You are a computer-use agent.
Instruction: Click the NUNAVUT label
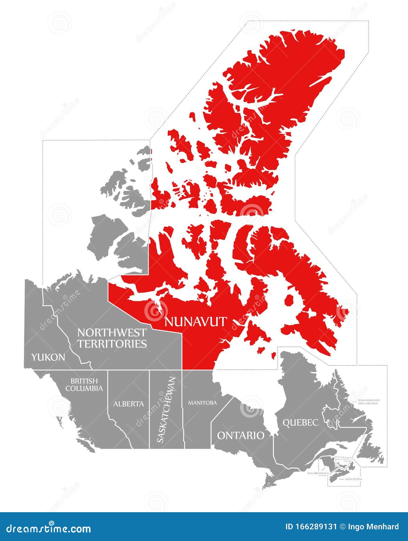tap(196, 321)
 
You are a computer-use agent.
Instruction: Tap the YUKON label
tap(48, 357)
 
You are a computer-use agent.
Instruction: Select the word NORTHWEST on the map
tap(112, 333)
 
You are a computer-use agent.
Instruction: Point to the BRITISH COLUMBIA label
tap(84, 384)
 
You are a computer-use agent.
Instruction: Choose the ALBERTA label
tap(129, 404)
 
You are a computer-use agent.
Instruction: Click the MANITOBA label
tap(202, 403)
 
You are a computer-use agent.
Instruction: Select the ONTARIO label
tap(241, 435)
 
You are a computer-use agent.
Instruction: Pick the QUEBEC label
tap(300, 423)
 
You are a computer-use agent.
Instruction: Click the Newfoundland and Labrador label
tap(369, 402)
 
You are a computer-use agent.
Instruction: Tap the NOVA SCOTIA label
tap(354, 479)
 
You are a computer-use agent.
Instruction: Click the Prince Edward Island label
tap(343, 460)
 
